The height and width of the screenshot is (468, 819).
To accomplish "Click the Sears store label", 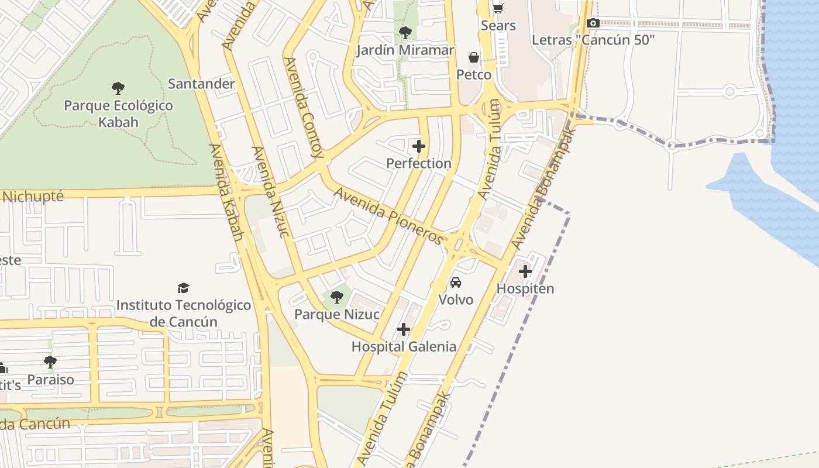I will click(x=498, y=26).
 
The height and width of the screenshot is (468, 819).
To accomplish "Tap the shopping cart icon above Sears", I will click(x=498, y=8).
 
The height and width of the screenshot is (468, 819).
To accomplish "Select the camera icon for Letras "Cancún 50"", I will click(x=593, y=23).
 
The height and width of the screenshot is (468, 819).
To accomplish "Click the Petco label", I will click(x=474, y=75).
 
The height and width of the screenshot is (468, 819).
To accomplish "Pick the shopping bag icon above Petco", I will click(x=473, y=57).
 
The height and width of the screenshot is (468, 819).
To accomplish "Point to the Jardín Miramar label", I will click(x=405, y=50).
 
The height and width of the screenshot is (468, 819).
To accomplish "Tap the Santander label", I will click(x=201, y=84).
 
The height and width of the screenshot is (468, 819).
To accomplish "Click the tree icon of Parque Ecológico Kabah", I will click(x=118, y=88).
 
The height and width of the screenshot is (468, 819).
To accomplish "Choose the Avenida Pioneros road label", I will click(x=388, y=215).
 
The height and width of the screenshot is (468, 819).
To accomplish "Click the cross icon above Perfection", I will click(x=419, y=146).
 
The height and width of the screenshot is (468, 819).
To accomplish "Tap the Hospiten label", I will click(x=525, y=289).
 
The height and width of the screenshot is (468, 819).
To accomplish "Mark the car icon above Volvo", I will click(x=456, y=283).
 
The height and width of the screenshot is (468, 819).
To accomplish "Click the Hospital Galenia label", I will click(x=404, y=347).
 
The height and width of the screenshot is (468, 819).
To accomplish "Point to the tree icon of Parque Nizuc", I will click(x=336, y=297).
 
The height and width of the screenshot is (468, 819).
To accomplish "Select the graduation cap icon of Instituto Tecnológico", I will click(x=184, y=288).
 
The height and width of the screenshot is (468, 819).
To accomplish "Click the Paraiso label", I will click(x=51, y=380).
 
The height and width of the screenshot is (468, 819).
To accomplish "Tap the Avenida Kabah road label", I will click(x=226, y=192).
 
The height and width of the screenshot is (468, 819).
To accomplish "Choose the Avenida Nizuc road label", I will click(x=270, y=191).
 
